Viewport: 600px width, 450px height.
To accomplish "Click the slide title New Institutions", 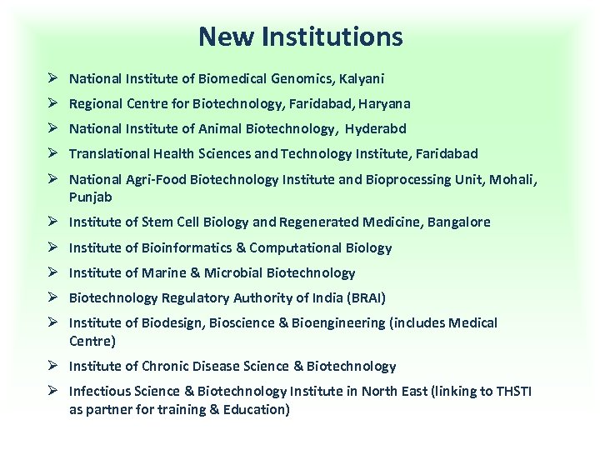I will tap(300, 37).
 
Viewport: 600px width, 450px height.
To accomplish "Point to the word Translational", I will tap(107, 154).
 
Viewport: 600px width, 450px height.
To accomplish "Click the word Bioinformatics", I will tap(186, 247).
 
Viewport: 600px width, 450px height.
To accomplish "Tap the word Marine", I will tap(147, 272).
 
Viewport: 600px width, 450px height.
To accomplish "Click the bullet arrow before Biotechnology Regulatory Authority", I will tap(52, 297).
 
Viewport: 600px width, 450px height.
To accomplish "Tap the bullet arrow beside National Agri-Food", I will tap(52, 179).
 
